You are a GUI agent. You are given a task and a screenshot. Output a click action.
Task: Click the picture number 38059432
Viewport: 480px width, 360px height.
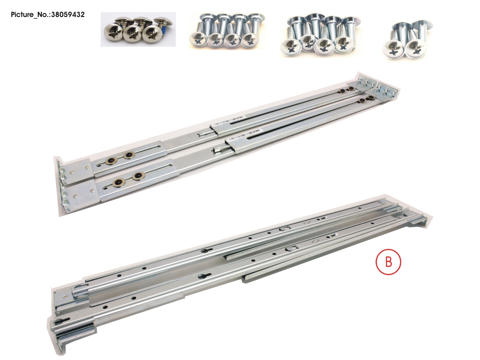[x=48, y=15]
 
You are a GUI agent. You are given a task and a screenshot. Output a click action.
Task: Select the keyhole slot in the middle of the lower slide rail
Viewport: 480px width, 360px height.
[x=201, y=276]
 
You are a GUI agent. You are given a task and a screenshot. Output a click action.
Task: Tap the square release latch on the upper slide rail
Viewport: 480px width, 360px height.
[x=285, y=228]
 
